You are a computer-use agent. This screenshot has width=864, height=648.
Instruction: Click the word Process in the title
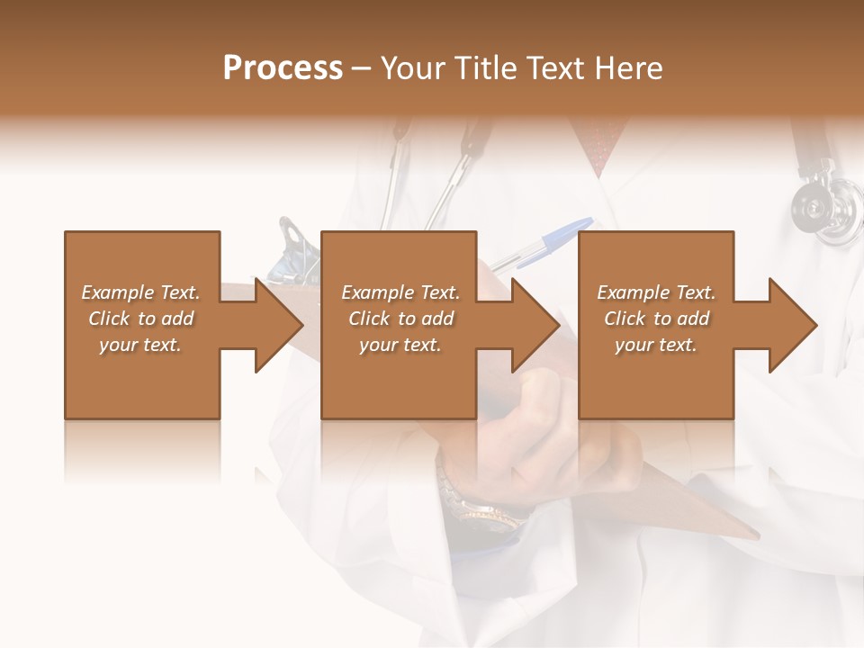[x=283, y=68]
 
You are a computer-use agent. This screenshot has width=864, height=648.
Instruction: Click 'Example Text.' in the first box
[x=141, y=292]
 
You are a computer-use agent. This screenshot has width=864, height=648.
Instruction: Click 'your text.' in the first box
[x=140, y=345]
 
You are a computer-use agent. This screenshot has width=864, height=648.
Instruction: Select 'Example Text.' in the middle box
[x=400, y=292]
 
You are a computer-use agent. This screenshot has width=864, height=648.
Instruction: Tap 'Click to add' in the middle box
[x=400, y=319]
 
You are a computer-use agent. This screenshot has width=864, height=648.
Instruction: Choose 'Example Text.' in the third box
[x=656, y=292]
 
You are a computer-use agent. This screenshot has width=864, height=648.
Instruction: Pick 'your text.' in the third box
[x=656, y=345]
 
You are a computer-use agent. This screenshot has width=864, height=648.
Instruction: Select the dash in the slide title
[x=362, y=69]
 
